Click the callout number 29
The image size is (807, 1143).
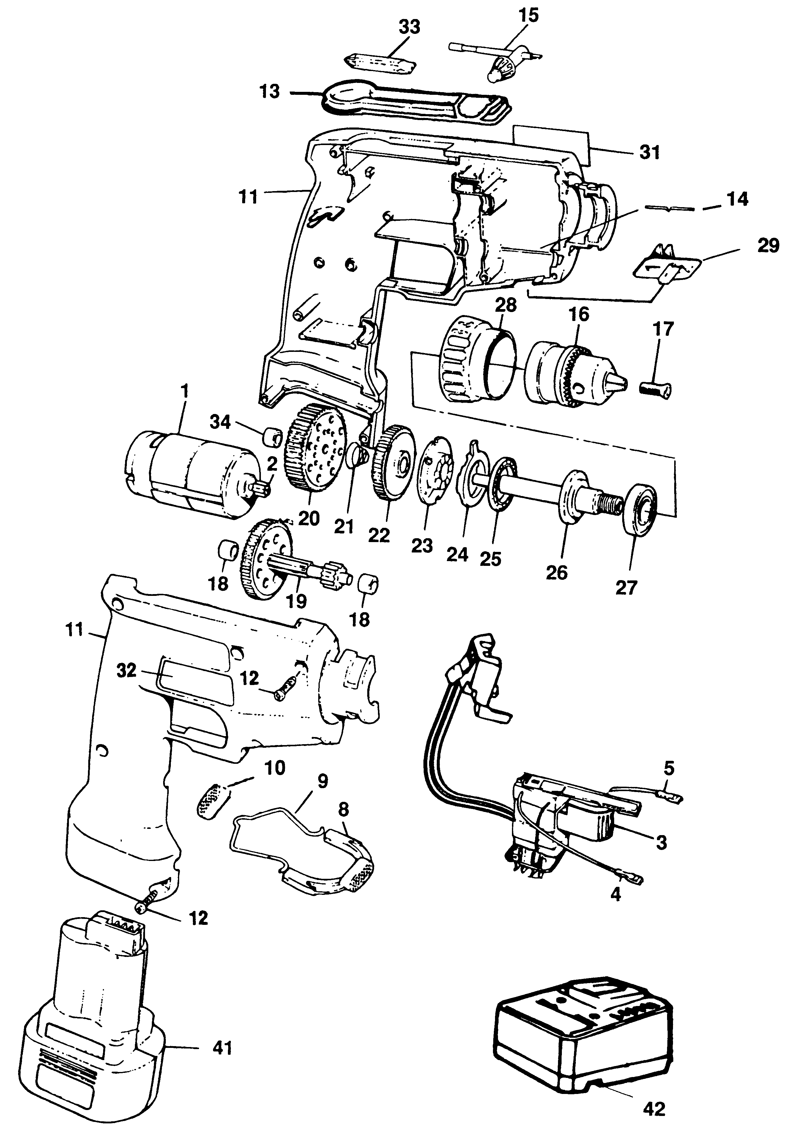coord(768,245)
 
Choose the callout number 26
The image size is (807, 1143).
coord(557,572)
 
